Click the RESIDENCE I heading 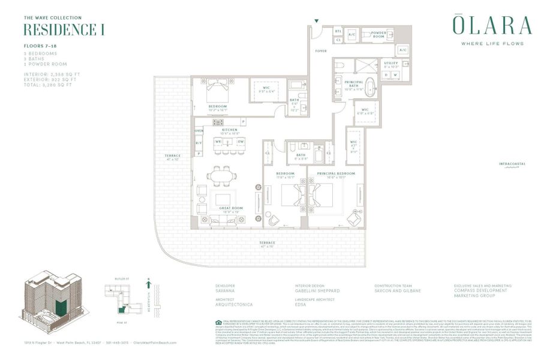pyautogui.click(x=64, y=29)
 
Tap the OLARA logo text pyautogui.click(x=491, y=26)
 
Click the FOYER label pyautogui.click(x=321, y=51)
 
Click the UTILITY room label pyautogui.click(x=391, y=62)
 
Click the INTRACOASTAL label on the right pyautogui.click(x=512, y=164)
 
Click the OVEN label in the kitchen pyautogui.click(x=199, y=131)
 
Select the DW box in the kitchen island pyautogui.click(x=239, y=142)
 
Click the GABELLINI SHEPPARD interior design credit pyautogui.click(x=317, y=291)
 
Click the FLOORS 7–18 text pyautogui.click(x=40, y=46)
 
